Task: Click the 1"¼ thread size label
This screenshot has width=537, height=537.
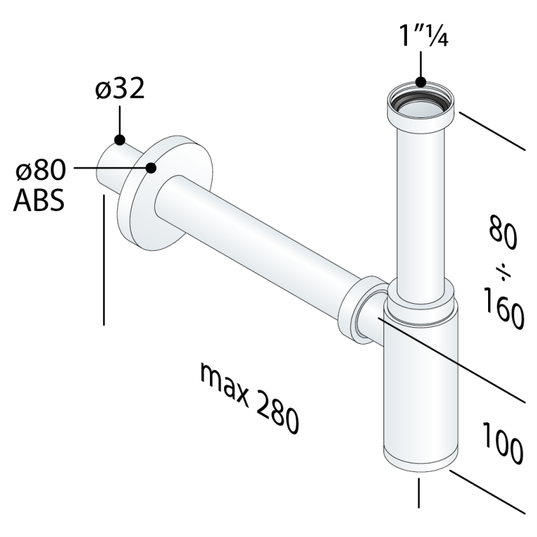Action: [424, 36]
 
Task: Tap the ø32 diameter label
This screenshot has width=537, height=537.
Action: [120, 88]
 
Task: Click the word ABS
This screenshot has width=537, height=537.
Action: [39, 200]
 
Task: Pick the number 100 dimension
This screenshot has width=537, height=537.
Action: [503, 443]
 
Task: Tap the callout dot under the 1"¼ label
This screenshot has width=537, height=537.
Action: [421, 82]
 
